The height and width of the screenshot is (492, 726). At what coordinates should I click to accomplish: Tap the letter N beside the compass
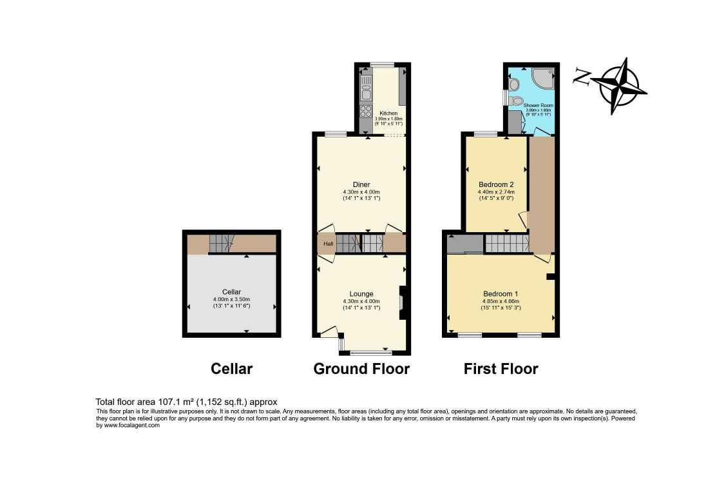(582, 78)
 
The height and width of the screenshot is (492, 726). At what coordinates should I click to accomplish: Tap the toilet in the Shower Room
(516, 101)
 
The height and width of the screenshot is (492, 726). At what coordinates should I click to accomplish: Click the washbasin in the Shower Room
(514, 84)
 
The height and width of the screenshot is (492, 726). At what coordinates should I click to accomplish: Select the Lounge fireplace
(401, 302)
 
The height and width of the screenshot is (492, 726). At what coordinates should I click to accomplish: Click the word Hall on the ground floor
(328, 244)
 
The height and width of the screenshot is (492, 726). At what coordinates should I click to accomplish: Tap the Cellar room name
(231, 291)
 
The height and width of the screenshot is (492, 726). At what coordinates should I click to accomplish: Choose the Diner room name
(361, 184)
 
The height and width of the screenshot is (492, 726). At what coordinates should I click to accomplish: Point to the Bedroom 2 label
(495, 184)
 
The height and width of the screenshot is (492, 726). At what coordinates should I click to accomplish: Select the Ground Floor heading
(361, 369)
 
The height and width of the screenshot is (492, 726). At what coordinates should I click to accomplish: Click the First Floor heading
(501, 369)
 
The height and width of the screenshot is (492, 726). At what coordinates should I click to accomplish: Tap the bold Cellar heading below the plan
(231, 369)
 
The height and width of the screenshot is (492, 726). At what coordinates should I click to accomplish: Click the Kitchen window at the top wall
(382, 64)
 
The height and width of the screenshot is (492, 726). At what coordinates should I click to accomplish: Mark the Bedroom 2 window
(486, 133)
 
